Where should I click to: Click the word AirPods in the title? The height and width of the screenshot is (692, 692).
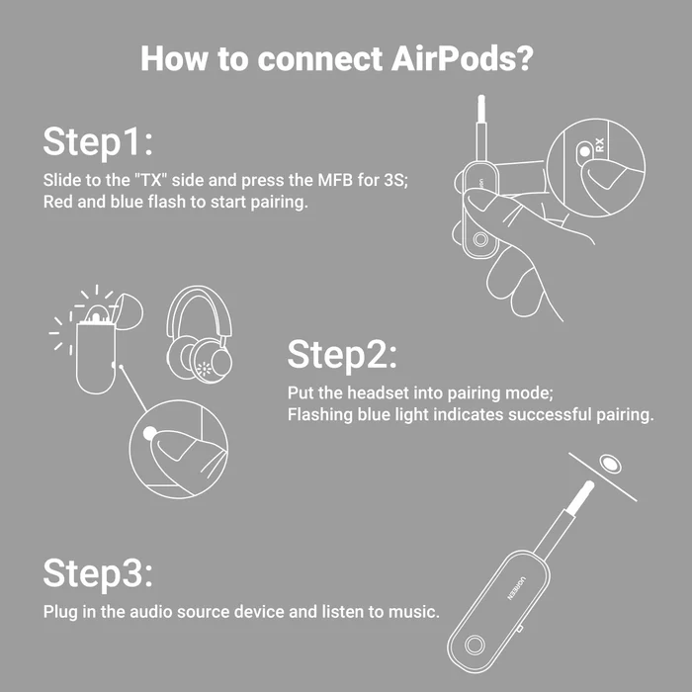[462, 57]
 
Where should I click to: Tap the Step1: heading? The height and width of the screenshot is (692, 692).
[98, 141]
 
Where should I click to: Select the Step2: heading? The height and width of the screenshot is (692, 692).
[342, 354]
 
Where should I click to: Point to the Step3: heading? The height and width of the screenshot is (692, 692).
[98, 572]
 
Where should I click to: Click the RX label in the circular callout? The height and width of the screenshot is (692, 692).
[599, 144]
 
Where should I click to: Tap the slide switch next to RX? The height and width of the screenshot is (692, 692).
[585, 151]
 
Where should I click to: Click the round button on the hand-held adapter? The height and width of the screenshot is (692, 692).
[480, 239]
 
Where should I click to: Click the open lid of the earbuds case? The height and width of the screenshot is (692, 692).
[128, 311]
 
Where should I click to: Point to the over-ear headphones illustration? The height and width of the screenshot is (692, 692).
[199, 334]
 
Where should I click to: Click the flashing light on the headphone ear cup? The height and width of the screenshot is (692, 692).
[204, 369]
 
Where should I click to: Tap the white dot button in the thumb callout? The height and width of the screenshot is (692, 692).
[150, 433]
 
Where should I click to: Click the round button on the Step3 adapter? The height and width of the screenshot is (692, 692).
[475, 645]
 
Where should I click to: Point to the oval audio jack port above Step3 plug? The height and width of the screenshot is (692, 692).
[610, 464]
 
